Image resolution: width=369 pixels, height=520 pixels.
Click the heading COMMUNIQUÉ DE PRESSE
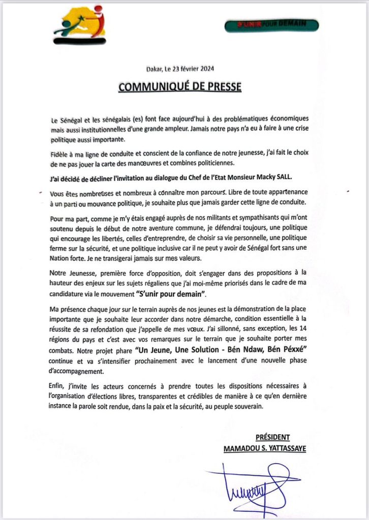tap(179, 87)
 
